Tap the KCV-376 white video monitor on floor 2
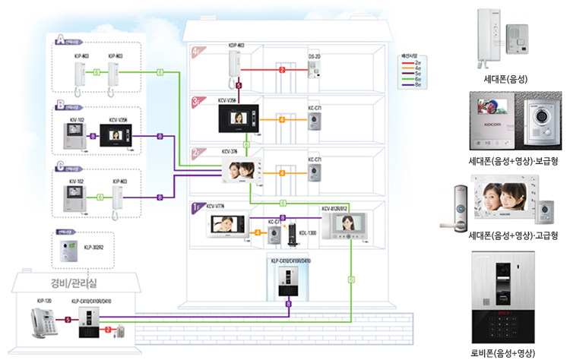pos(242,172)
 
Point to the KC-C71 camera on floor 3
pos(314,122)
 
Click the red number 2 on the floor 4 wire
pos(282,70)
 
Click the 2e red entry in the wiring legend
pos(411,62)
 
